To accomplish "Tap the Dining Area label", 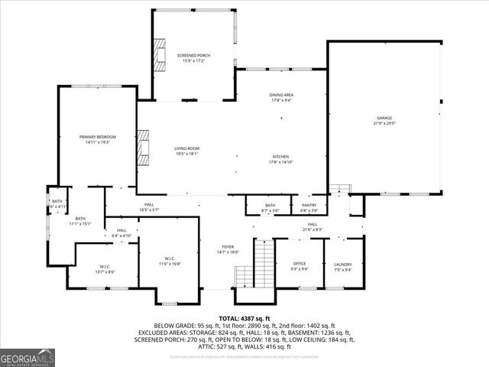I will tap(281, 97).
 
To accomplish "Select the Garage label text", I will tap(384, 119).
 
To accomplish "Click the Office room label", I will tap(300, 265).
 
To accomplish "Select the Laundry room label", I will tap(342, 265).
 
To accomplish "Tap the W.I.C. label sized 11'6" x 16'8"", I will tap(170, 261).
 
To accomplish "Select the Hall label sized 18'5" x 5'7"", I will tap(148, 206).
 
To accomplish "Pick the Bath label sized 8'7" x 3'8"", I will tap(270, 206).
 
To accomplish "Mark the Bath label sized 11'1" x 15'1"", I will tap(80, 221).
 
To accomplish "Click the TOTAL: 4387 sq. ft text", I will tap(244, 318).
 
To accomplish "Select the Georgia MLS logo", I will tap(24, 358).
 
